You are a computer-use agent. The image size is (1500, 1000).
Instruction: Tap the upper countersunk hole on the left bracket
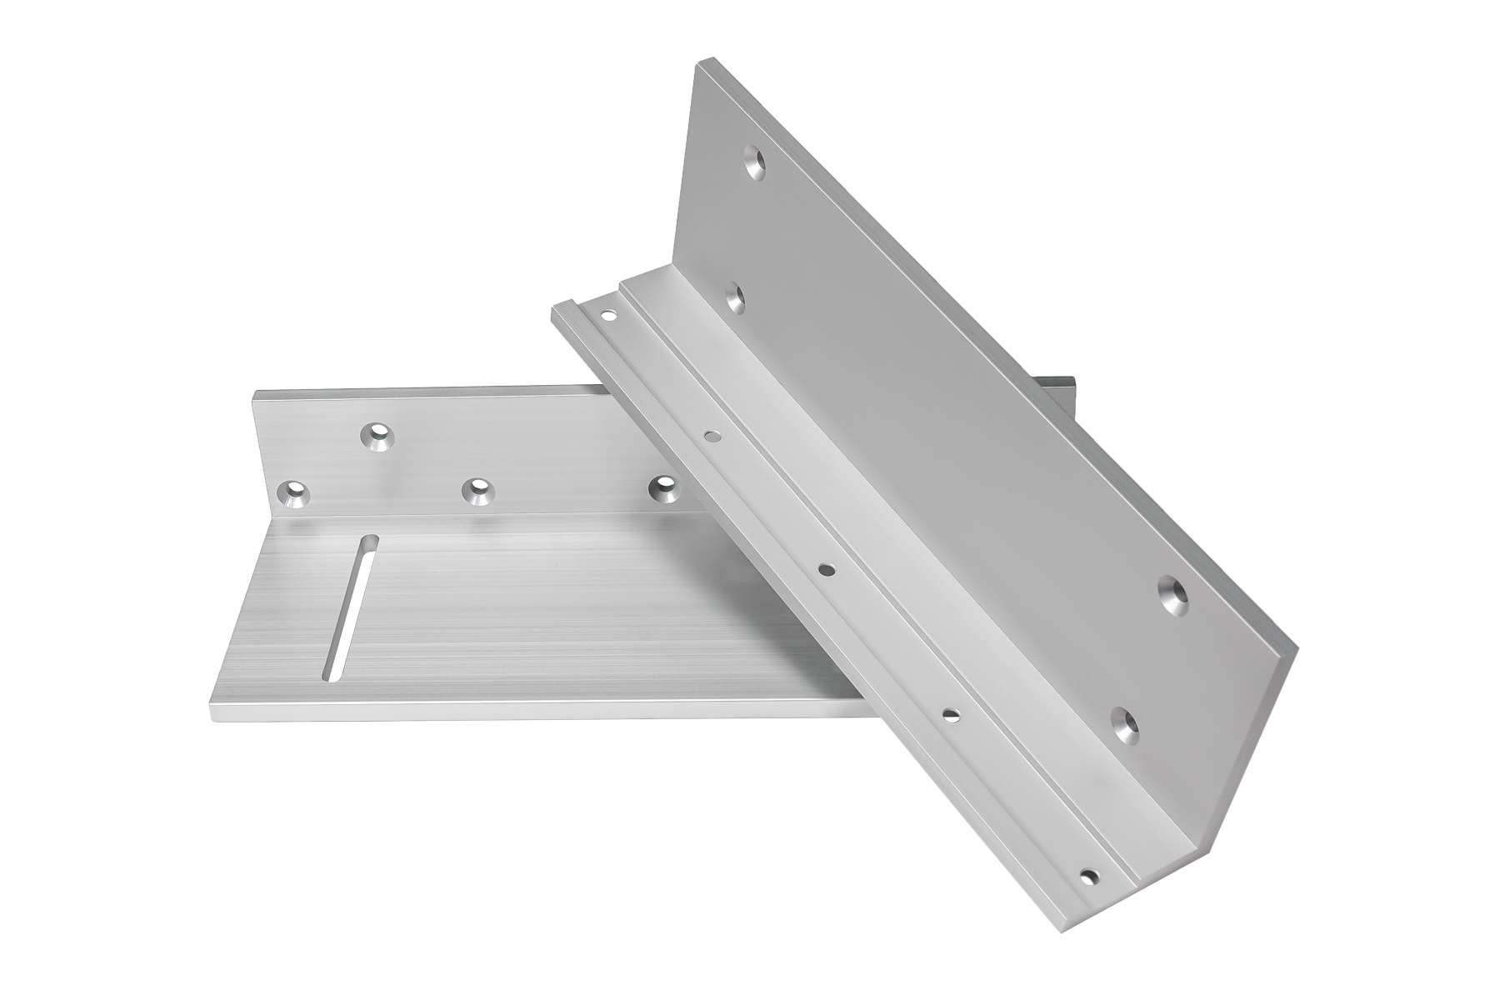(377, 436)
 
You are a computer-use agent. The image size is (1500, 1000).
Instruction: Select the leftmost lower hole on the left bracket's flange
(294, 494)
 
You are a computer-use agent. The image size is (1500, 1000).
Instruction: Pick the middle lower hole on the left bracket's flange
(477, 492)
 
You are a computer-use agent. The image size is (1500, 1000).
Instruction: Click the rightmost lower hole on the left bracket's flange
(664, 489)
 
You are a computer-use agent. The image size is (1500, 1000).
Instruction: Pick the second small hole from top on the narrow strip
(713, 435)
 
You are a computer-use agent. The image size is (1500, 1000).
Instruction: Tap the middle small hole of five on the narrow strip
(827, 569)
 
